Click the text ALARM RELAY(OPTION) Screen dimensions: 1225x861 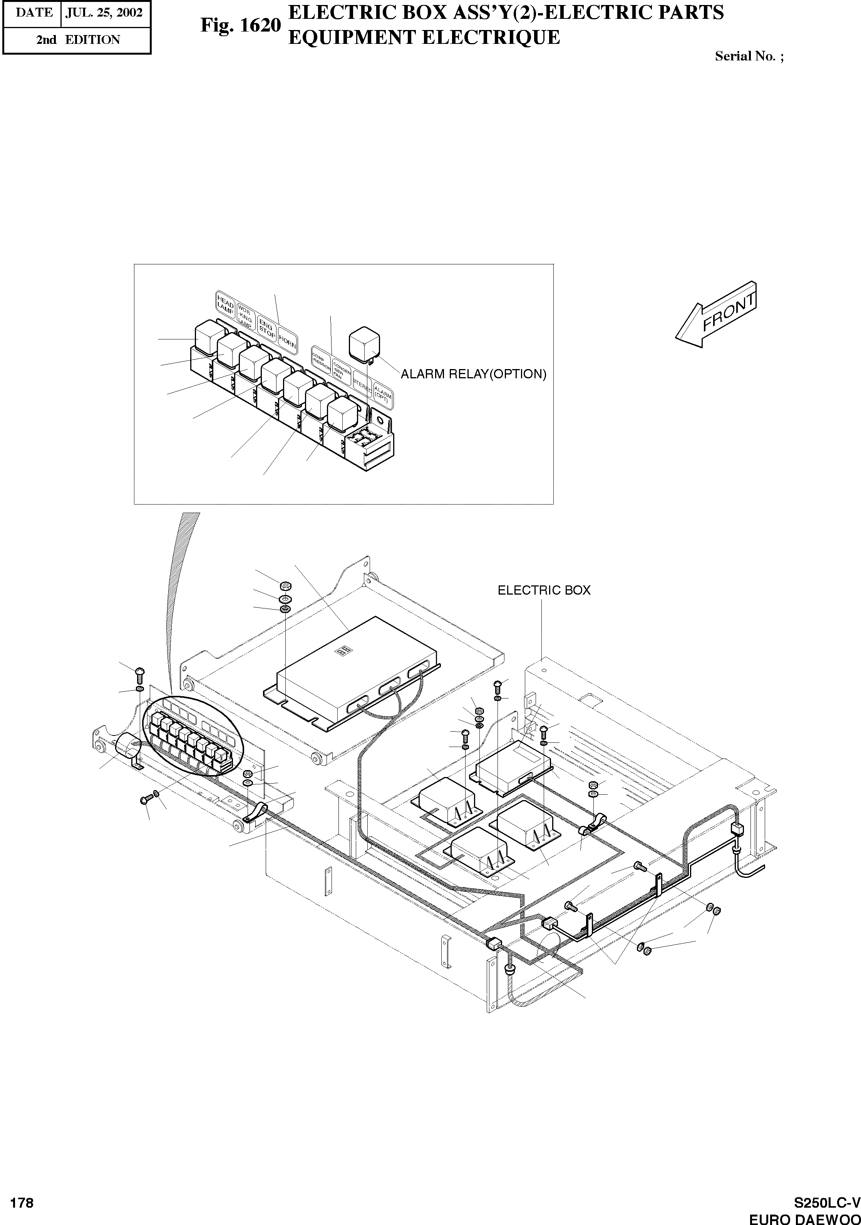pyautogui.click(x=474, y=374)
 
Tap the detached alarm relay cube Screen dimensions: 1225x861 pyautogui.click(x=363, y=343)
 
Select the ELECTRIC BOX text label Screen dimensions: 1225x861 pyautogui.click(x=544, y=590)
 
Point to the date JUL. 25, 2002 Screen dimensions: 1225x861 pyautogui.click(x=104, y=13)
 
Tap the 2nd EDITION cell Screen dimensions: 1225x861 pyautogui.click(x=78, y=40)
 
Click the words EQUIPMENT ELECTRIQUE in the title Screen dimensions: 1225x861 pyautogui.click(x=424, y=37)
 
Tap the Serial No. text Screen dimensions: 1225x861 pyautogui.click(x=749, y=56)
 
